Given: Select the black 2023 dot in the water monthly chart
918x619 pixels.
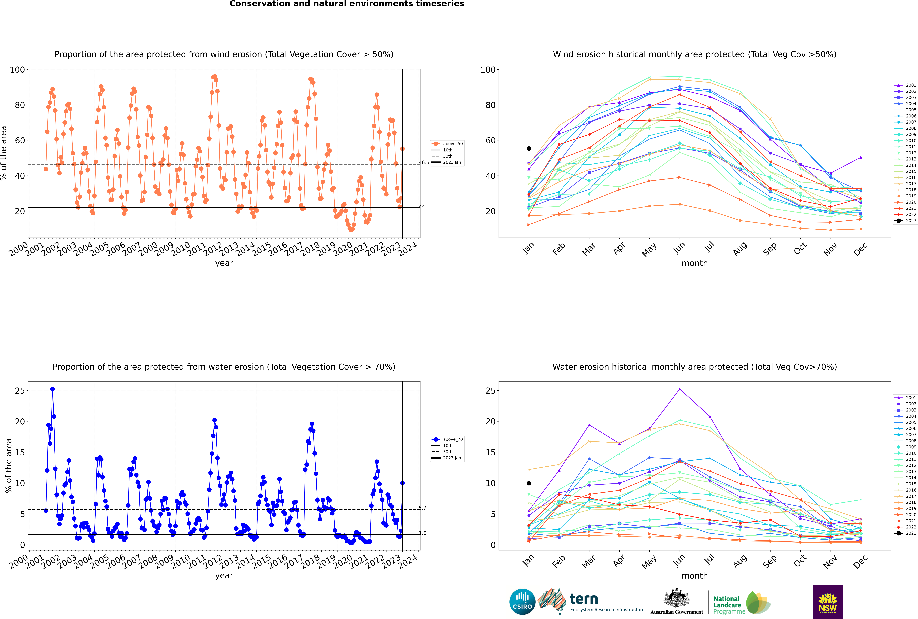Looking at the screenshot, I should click(529, 483).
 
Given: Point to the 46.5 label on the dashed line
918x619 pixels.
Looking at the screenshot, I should click(424, 163).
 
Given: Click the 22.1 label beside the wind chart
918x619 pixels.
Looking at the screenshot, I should click(424, 206).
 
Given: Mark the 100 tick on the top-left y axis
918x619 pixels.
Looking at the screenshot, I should click(17, 70).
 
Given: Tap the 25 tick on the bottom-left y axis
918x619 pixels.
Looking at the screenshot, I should click(20, 390).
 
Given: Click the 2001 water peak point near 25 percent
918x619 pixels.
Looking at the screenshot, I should click(680, 389).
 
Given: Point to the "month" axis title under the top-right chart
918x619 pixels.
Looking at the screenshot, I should click(695, 263).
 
